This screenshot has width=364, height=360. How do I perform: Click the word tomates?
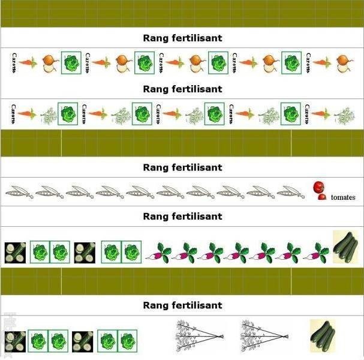[x=343, y=197]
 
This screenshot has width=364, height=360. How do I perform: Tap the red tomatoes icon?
[x=318, y=190]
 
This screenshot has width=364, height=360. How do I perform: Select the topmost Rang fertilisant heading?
[x=182, y=38]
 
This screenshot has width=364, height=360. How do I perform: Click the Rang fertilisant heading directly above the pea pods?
[x=182, y=167]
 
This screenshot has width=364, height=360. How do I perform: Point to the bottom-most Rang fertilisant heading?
[x=182, y=305]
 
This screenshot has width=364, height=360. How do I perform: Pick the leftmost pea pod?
[x=19, y=193]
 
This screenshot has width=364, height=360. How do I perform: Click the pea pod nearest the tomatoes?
[x=291, y=193]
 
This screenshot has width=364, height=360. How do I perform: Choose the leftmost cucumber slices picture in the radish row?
[x=14, y=252]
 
